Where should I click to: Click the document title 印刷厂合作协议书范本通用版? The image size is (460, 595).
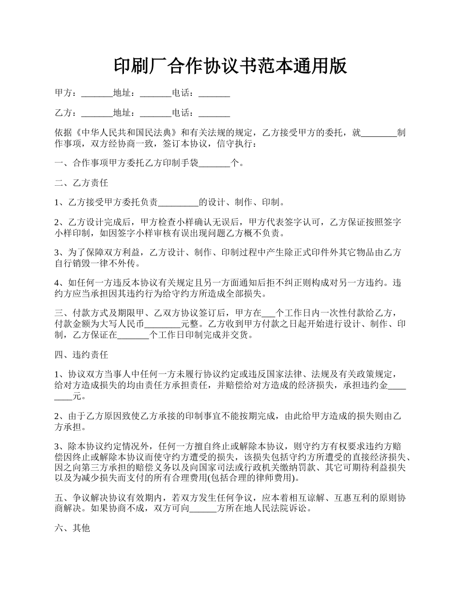[230, 66]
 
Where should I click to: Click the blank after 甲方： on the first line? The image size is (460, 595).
[97, 93]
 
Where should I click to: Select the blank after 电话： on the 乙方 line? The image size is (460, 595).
[215, 113]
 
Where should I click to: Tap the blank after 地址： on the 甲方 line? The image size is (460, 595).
[156, 93]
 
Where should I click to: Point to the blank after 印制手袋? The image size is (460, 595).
[215, 164]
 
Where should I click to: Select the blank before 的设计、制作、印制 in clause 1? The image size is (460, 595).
[178, 203]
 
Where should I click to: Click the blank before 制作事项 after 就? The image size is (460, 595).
[379, 133]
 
